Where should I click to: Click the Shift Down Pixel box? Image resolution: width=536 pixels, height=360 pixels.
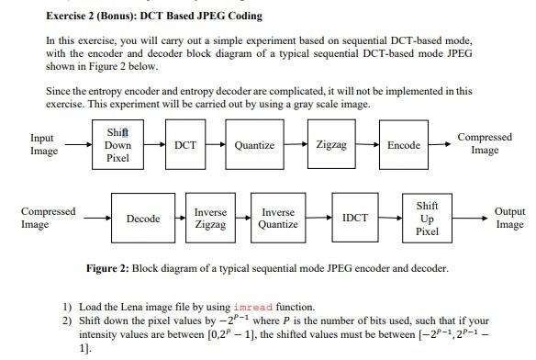pos(117,145)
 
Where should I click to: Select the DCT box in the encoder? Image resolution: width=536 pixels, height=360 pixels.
pos(185,145)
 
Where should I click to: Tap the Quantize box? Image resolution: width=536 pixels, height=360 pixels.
pos(254,145)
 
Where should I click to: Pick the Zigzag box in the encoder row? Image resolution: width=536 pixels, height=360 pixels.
pos(330,145)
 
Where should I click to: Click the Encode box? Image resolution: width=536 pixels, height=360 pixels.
pos(404,145)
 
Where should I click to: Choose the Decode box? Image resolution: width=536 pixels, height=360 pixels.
pos(143,219)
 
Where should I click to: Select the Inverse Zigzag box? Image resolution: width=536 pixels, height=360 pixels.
pos(210,219)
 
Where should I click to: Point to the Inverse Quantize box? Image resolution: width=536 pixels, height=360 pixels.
pos(278,219)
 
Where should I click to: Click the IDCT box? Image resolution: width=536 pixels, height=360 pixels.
pos(355,219)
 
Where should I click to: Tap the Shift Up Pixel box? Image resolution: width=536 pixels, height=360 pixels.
pos(427,219)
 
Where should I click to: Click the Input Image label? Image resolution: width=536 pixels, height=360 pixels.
pos(43,144)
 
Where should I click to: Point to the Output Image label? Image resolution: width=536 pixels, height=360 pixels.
pos(509,218)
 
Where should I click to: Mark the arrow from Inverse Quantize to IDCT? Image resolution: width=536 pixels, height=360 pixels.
pos(320,219)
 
